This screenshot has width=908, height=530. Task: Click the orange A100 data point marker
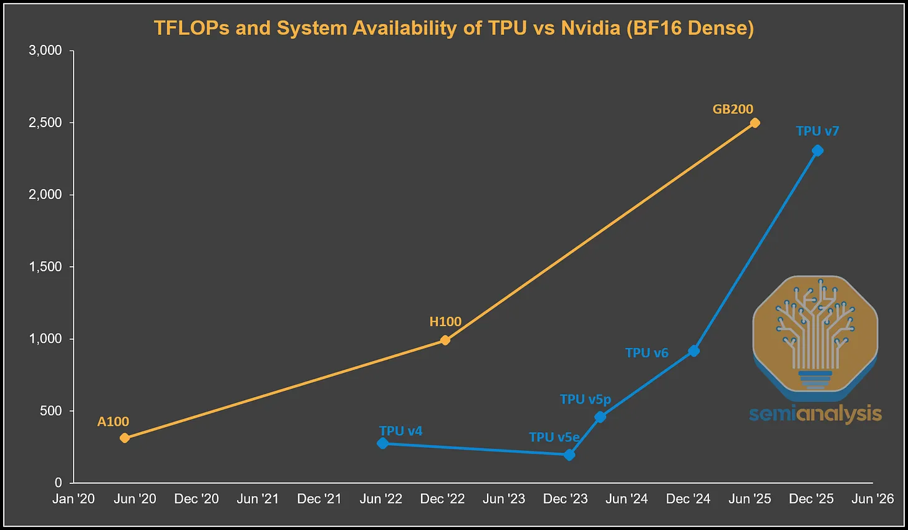tap(125, 438)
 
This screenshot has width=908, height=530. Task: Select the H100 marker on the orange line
tap(445, 340)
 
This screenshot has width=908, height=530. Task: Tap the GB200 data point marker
tap(755, 123)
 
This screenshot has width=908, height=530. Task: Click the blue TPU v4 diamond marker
tap(383, 443)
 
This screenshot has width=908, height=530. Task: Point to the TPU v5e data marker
tap(569, 455)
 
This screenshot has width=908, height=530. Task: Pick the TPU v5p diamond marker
tap(600, 417)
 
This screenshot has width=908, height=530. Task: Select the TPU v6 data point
tap(693, 351)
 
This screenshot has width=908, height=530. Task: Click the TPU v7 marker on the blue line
tap(818, 150)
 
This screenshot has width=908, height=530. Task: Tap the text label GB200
tap(733, 109)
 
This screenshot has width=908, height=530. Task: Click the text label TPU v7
tap(818, 131)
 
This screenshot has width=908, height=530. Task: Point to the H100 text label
tap(445, 322)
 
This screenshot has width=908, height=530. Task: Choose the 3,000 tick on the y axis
tap(46, 51)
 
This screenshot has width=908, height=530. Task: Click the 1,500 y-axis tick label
tap(46, 267)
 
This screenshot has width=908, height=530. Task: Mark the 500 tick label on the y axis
tap(50, 411)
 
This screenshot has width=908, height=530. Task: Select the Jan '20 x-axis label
tap(74, 499)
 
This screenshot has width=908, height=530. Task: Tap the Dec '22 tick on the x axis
tap(442, 499)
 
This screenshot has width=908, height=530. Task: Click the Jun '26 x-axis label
tap(872, 499)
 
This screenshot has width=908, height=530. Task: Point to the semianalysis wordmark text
tap(815, 413)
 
